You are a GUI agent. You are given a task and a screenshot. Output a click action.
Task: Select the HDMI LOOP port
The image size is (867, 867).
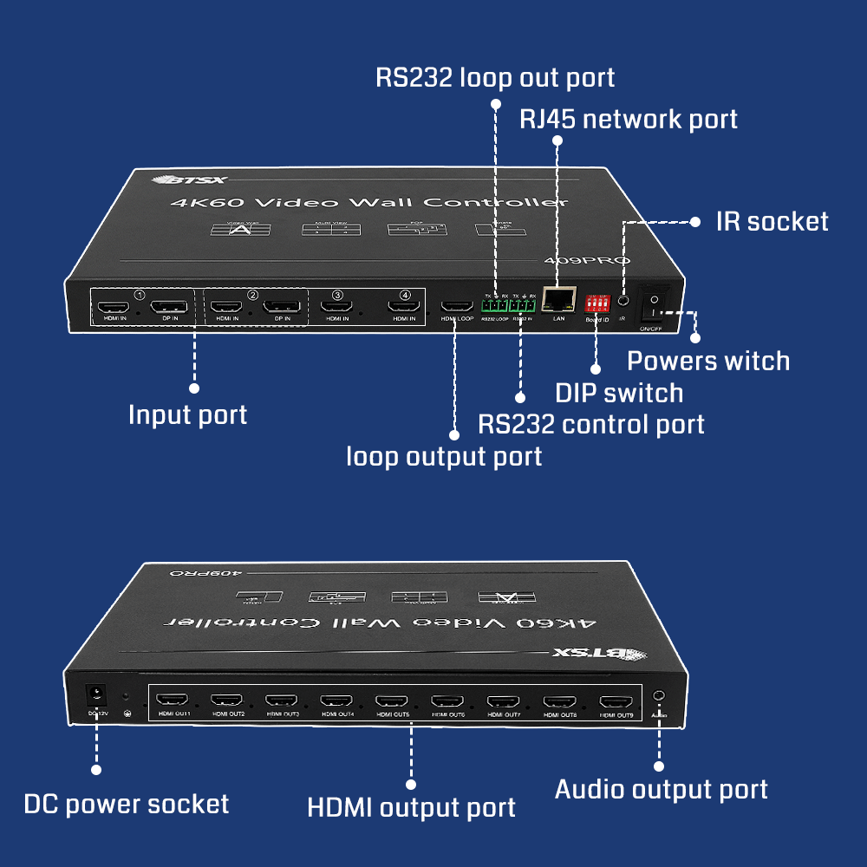[457, 305]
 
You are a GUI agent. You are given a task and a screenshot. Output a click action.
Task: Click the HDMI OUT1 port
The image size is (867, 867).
[174, 700]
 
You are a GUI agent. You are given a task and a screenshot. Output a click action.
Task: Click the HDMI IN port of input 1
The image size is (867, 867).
[113, 306]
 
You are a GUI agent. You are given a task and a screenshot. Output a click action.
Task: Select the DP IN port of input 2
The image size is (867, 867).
[282, 306]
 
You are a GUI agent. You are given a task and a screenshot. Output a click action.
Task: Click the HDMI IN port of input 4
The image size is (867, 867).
[403, 306]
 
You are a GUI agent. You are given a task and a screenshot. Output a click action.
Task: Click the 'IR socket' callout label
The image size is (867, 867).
[772, 221]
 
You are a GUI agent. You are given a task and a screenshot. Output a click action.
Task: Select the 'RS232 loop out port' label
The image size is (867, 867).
[495, 77]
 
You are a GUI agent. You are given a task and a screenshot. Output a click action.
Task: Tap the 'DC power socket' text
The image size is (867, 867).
[127, 804]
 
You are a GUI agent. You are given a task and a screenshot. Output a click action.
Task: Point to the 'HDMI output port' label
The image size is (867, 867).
[411, 807]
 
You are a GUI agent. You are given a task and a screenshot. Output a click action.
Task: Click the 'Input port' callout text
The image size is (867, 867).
[187, 414]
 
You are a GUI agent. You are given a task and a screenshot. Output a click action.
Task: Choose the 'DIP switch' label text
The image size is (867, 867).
[619, 393]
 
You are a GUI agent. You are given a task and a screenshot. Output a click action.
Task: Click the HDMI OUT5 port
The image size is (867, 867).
[394, 701]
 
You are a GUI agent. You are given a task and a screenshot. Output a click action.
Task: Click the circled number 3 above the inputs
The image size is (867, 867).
[337, 296]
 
